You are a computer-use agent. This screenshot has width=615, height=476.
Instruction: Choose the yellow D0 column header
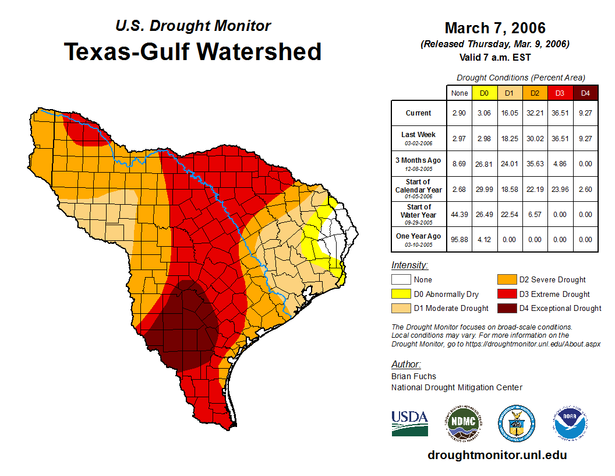[x=484, y=93]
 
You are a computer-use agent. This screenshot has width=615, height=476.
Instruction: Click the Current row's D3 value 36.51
[x=560, y=113]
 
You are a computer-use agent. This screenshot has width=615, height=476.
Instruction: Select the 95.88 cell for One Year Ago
[x=460, y=239]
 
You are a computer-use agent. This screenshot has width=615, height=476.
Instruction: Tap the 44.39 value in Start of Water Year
[x=460, y=214]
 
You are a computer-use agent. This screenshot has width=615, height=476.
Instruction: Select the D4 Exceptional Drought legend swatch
[x=505, y=308]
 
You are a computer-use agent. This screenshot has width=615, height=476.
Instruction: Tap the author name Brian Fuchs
[x=413, y=376]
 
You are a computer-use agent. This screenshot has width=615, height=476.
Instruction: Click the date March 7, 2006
[x=495, y=28]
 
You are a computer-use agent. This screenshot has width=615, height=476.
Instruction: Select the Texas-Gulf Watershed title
[x=192, y=52]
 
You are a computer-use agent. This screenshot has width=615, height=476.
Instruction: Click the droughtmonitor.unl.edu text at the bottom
[x=497, y=455]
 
